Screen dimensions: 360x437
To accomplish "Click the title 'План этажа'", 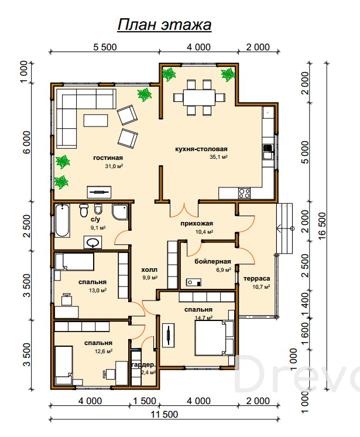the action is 164,25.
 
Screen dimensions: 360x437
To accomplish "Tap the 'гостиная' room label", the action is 108,158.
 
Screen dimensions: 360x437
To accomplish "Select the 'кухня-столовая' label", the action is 201,149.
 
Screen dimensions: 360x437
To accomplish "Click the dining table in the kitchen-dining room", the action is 199,98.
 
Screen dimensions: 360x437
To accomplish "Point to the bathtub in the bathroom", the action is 62,220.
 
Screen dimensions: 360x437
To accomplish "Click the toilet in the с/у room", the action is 84,210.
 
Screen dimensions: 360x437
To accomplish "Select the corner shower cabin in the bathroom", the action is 120,211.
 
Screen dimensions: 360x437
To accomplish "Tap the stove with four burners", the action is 244,193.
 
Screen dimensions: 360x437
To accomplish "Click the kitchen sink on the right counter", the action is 268,152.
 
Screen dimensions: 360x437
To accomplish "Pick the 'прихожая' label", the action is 197,223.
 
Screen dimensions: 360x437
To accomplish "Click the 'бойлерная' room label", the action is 212,261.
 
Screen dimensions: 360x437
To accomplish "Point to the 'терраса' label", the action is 257,278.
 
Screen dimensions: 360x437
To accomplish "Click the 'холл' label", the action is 149,269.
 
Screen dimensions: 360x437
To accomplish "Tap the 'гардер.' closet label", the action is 143,365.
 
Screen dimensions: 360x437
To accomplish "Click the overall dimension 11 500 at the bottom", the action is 164,414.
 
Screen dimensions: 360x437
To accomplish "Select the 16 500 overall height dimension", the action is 321,226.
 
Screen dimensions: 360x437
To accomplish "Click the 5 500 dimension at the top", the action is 105,47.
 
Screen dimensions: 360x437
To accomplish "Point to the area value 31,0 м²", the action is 114,166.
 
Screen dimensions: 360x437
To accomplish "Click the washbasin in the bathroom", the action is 92,243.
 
